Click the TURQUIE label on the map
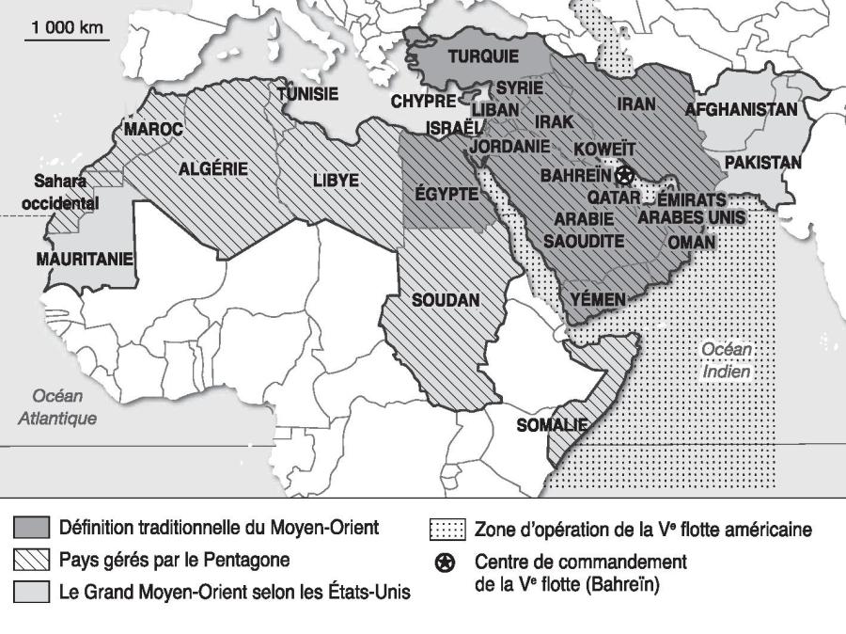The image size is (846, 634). coord(482,56)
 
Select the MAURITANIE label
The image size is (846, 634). coord(85,258)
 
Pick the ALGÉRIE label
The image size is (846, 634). coord(213,169)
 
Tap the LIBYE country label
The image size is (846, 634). coord(337,179)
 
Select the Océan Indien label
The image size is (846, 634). coord(727,360)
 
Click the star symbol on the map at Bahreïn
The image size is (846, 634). coord(624,174)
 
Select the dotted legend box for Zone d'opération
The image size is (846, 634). coord(446,530)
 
